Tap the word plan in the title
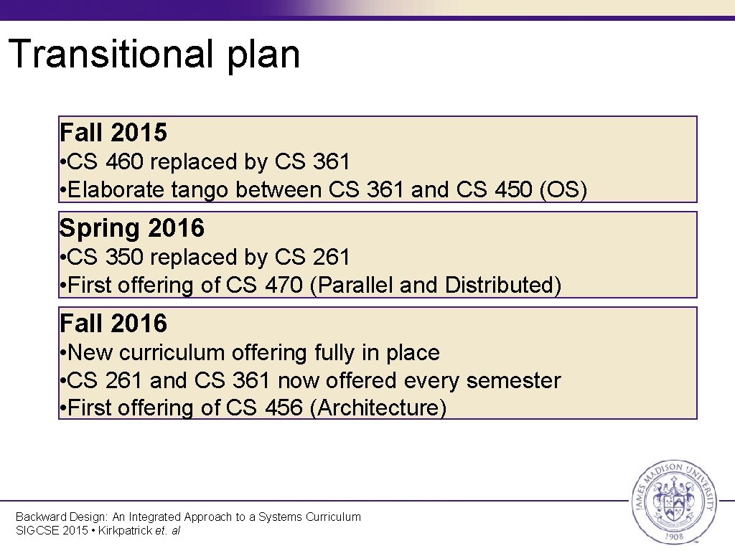point(263,56)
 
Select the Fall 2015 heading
point(113,133)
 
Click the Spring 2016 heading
point(131,228)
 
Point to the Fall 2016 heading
point(113,324)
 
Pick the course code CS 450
point(495,190)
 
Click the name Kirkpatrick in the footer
point(121,531)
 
